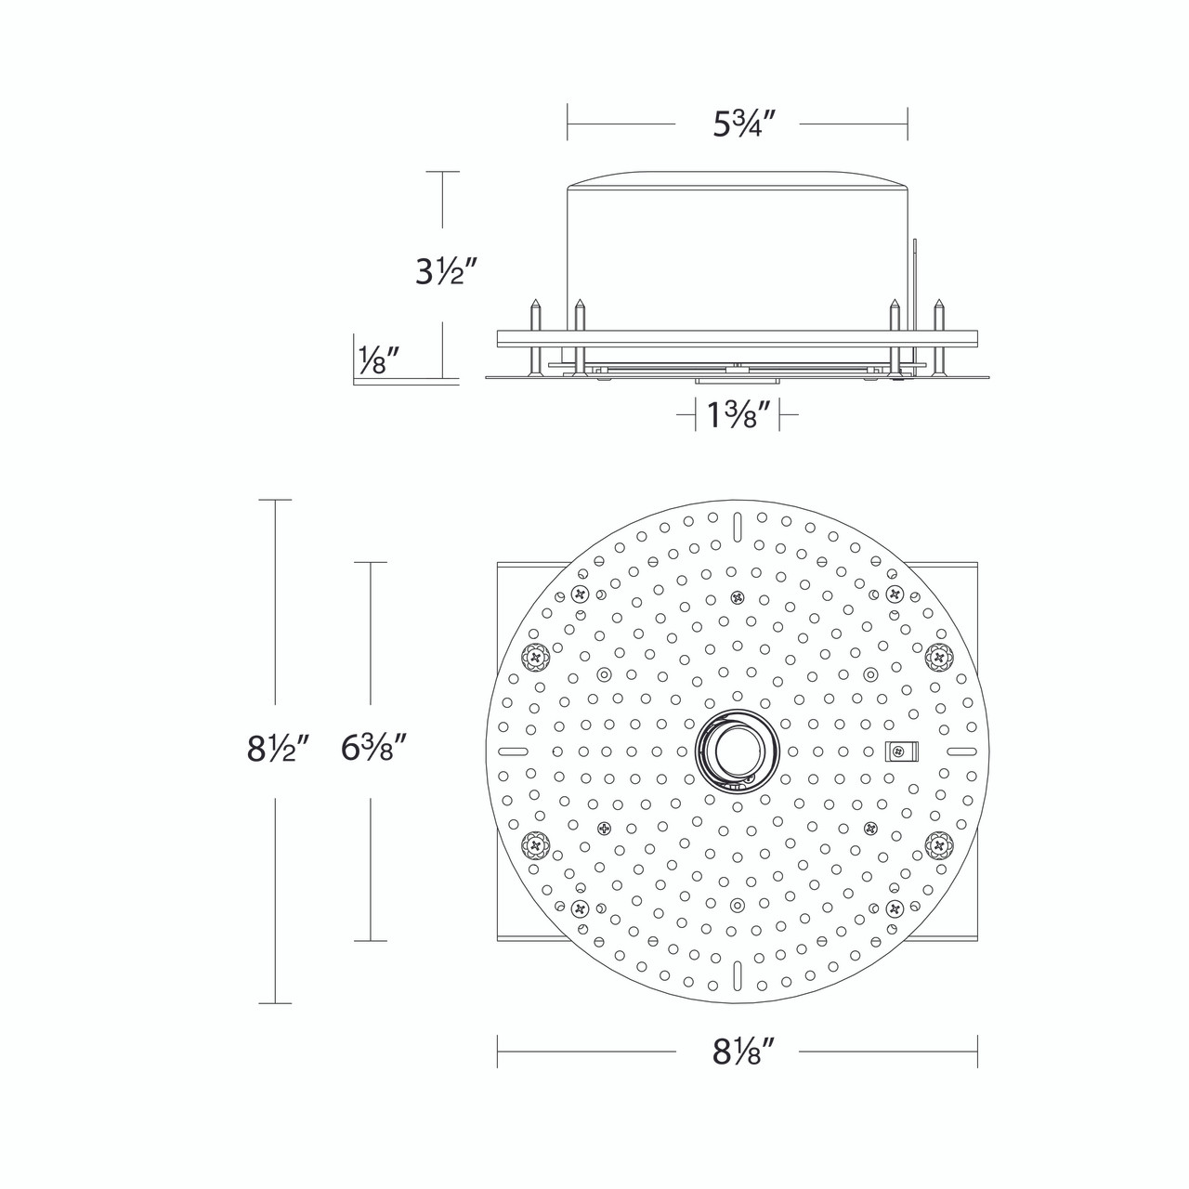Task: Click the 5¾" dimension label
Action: point(743,124)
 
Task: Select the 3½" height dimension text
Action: point(447,271)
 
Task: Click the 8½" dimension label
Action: point(277,749)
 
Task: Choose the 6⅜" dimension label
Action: point(373,749)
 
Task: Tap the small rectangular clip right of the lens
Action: point(901,751)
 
